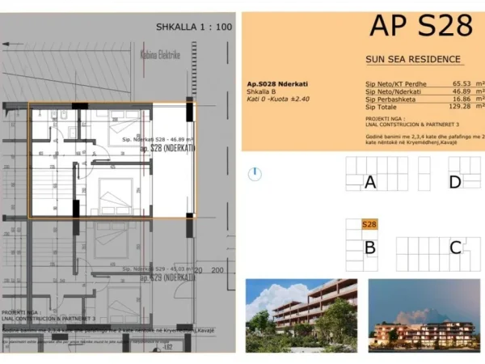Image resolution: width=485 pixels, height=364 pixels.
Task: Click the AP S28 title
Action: pos(420,26)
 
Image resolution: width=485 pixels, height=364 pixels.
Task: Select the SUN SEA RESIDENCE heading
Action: pos(413,59)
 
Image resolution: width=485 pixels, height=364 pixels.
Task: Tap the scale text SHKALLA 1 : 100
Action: pos(194,27)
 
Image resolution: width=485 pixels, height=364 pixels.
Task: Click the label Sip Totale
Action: pos(382,107)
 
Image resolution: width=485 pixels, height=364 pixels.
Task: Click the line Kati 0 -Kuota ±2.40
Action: pos(279,99)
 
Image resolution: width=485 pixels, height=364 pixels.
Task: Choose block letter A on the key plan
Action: pos(370,182)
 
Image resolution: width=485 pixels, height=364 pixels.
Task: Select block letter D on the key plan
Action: pos(455,182)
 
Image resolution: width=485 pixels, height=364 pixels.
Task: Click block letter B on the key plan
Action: pos(369,248)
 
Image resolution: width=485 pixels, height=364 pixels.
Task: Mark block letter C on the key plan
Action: pos(455,248)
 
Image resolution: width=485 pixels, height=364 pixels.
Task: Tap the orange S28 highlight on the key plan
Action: pos(369,225)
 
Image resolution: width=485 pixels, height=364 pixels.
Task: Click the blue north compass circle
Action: pos(255,173)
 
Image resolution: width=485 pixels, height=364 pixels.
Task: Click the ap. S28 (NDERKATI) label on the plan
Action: pos(167,149)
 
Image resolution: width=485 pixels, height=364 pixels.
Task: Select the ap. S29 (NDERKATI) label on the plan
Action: pos(167,277)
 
